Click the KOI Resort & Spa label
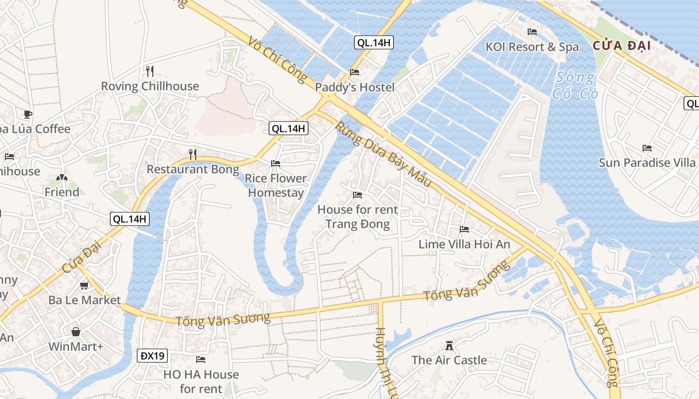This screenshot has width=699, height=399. [x=532, y=47]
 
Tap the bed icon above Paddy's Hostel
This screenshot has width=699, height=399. [x=354, y=72]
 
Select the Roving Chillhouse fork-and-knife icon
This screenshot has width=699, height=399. [x=148, y=70]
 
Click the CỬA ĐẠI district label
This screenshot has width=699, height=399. [x=622, y=46]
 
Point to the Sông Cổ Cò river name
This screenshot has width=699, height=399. [x=575, y=85]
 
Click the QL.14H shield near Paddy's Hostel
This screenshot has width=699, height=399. [x=374, y=42]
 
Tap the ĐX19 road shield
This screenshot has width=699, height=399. [x=152, y=356]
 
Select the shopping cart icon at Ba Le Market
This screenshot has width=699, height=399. [x=84, y=286]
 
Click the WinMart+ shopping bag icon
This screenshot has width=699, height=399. [x=76, y=332]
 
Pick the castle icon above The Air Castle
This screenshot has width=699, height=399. [x=449, y=345]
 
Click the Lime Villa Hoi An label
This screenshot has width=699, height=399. [x=464, y=244]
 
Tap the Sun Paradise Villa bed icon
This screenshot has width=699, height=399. [x=647, y=148]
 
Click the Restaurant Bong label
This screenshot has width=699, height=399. [x=193, y=169]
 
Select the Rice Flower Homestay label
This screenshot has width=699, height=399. [x=276, y=185]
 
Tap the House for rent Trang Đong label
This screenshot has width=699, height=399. [x=357, y=216]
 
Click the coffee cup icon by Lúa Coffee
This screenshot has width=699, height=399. [x=28, y=114]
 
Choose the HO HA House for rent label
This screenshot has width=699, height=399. [x=201, y=381]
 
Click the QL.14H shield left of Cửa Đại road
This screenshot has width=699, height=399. [x=130, y=218]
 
